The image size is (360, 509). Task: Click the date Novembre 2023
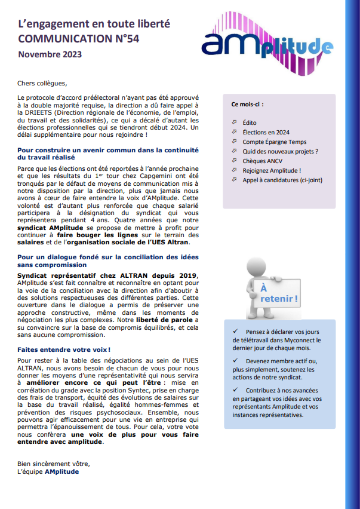[50, 54]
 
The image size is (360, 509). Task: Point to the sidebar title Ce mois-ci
[247, 104]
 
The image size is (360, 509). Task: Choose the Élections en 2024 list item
[266, 132]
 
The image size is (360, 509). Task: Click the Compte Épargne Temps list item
[274, 142]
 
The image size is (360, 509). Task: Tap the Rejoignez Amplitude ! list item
[272, 170]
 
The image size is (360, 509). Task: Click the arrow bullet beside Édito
[234, 122]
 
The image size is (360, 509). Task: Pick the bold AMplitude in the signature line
[61, 471]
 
